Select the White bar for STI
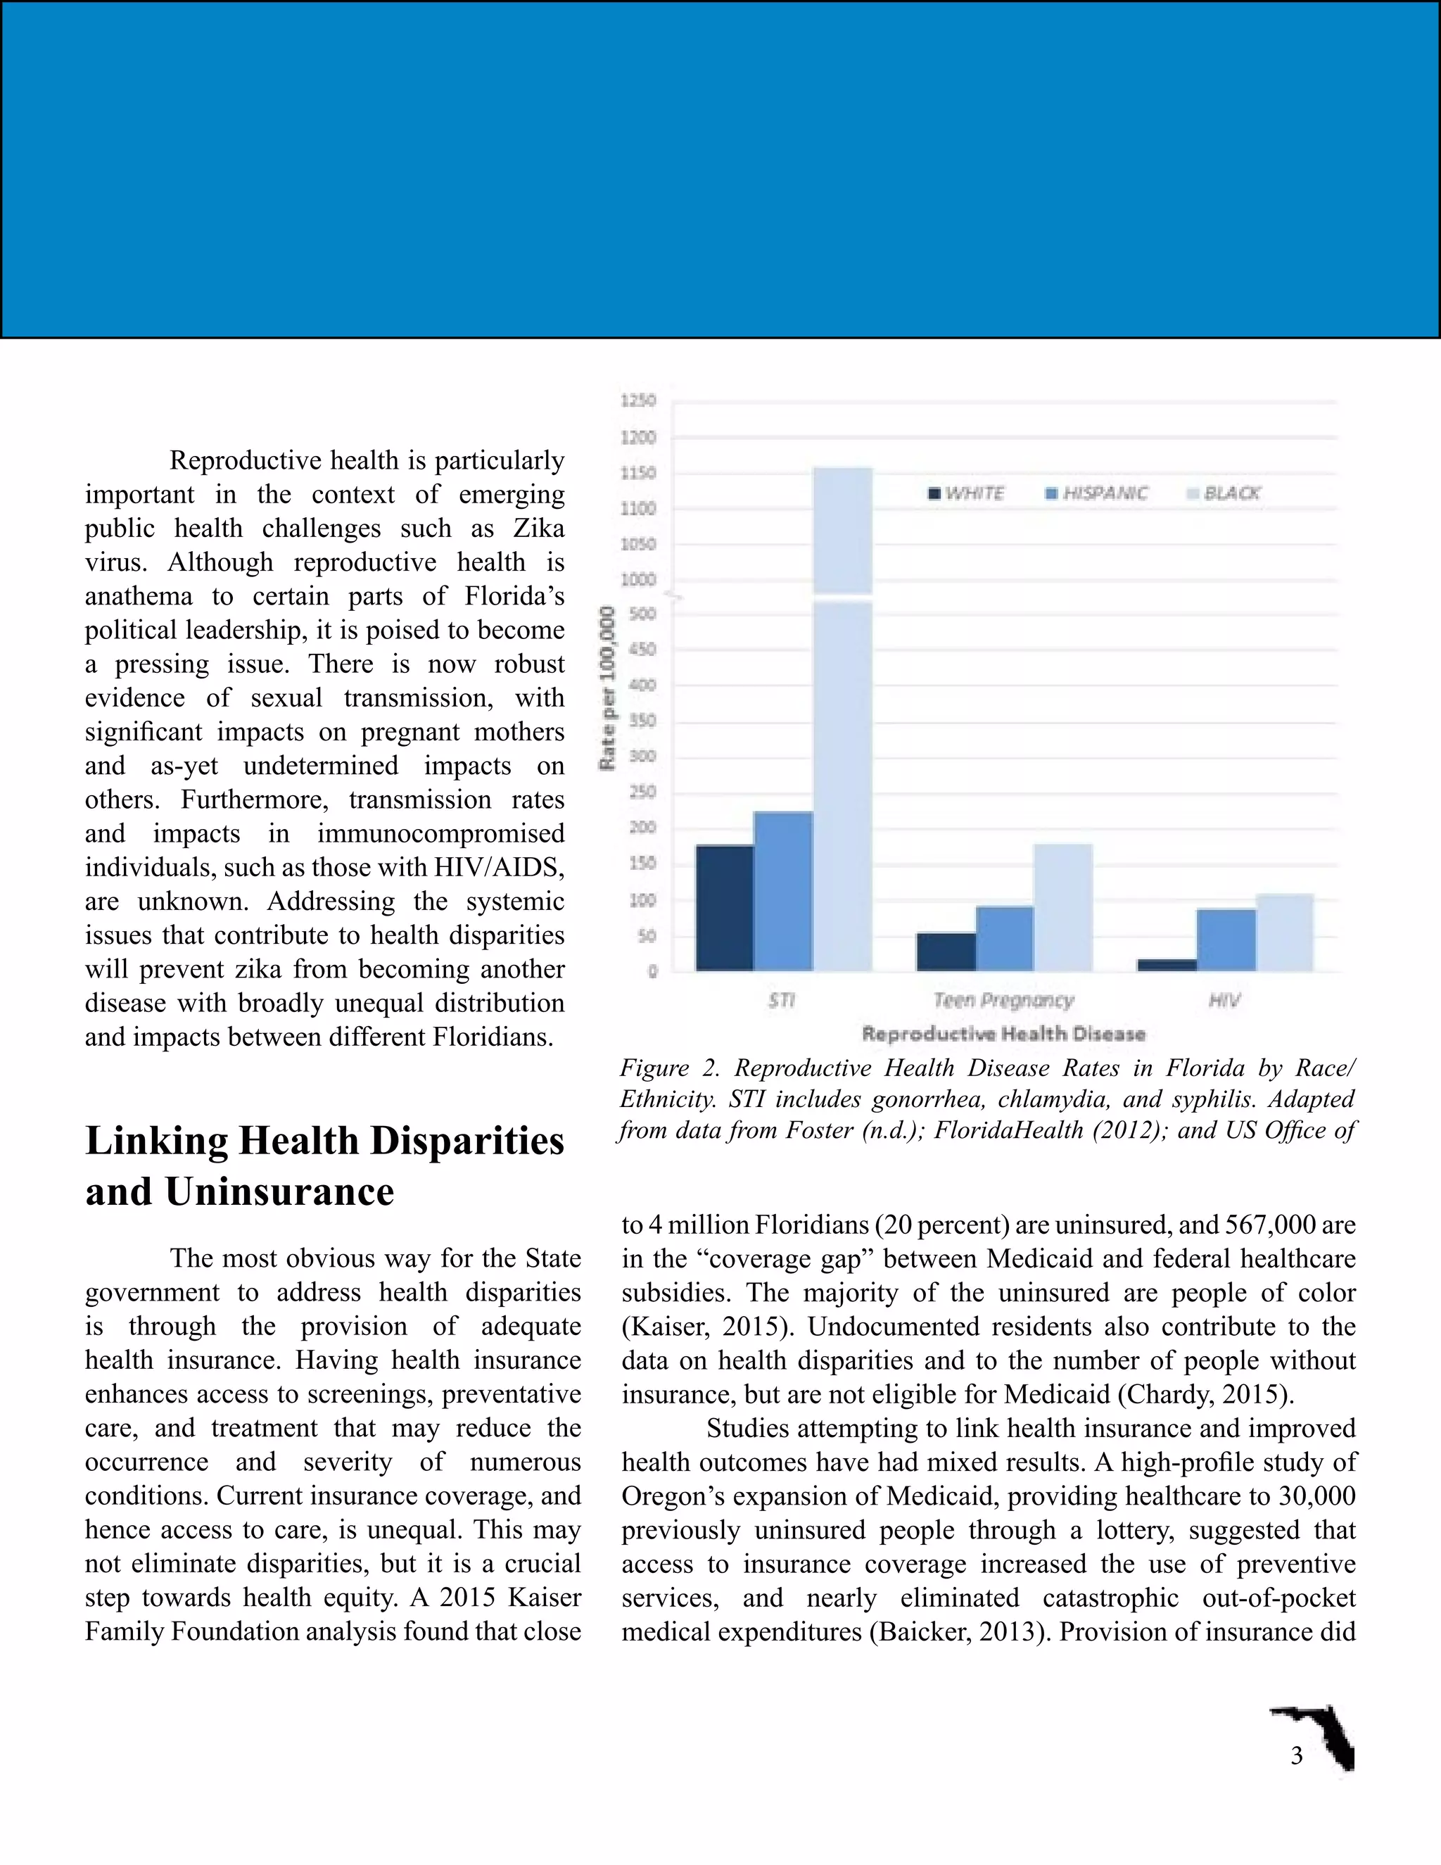(725, 908)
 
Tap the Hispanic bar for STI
(784, 891)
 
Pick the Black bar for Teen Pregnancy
(1063, 907)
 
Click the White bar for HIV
(1167, 965)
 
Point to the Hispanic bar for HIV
(1226, 940)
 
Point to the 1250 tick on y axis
(639, 400)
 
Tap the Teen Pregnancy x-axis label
(1003, 1000)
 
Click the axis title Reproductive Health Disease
(1003, 1034)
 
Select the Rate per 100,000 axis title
(608, 688)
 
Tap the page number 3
(1296, 1756)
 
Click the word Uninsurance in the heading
(279, 1191)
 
